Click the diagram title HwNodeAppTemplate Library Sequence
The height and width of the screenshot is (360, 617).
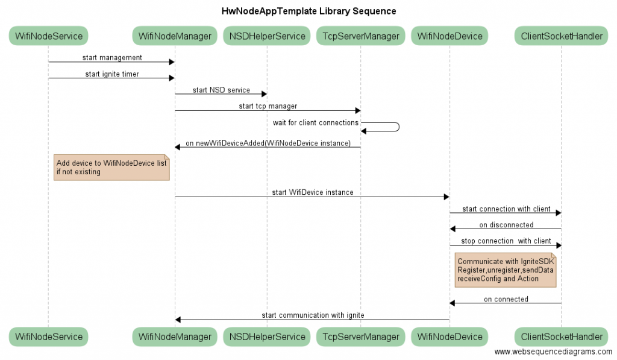click(308, 11)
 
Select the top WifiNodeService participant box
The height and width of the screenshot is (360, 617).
click(48, 36)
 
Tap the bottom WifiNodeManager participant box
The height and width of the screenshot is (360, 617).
click(175, 336)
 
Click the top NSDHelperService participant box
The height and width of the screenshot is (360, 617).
click(267, 36)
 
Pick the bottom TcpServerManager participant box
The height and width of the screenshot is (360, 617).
click(361, 336)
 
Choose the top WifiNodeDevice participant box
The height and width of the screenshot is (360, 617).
click(449, 36)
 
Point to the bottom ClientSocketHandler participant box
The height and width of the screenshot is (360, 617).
click(562, 336)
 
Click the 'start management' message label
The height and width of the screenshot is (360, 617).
click(112, 57)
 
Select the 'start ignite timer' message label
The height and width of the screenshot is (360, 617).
click(112, 74)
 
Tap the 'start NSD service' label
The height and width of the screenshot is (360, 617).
click(221, 90)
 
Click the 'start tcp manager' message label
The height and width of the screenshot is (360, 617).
click(268, 106)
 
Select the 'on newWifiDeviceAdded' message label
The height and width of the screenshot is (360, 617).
click(268, 143)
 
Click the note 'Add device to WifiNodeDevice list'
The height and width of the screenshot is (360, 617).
click(111, 168)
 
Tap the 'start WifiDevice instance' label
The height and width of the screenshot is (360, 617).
click(313, 192)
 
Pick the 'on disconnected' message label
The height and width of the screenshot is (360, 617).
click(506, 225)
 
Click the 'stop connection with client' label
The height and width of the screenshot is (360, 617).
click(506, 241)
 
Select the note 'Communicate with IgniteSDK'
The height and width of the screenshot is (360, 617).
click(506, 270)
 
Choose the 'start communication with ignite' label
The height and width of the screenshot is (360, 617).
click(313, 315)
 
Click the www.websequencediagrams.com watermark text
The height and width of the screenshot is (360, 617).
click(553, 352)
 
